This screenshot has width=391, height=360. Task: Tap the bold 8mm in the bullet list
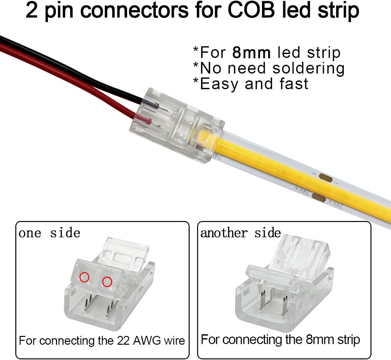coord(252,53)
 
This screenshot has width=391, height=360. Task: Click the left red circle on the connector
coord(84,277)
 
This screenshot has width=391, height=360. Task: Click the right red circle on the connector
coord(107,282)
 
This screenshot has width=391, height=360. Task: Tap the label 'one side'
coord(49,233)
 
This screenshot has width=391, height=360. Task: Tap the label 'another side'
coord(240,233)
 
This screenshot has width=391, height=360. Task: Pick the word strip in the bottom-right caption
coord(348,339)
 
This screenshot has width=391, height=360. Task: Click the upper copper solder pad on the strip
coord(326,178)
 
